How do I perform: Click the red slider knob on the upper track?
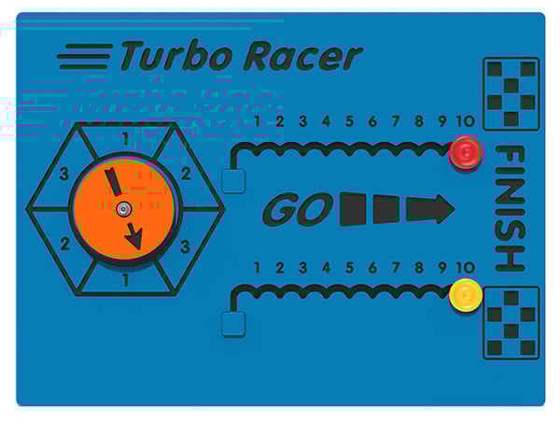pos(466,152)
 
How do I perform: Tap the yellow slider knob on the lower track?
pos(466,295)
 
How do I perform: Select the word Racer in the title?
pos(302,56)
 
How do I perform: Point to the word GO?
pos(298,209)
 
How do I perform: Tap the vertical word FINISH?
pos(510,208)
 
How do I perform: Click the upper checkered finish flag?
pos(511,94)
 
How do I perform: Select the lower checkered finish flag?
pos(511,323)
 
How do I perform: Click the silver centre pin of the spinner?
pos(124,209)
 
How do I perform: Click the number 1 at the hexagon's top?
pos(125,139)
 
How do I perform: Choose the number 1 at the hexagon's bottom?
pos(125,280)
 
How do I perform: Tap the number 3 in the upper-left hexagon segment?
pos(64,174)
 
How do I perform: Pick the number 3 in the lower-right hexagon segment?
pos(185,247)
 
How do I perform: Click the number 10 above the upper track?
pos(466,121)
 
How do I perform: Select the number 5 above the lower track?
pos(349,267)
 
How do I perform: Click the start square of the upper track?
pos(233,181)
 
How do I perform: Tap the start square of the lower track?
pos(233,324)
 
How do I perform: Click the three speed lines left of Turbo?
pos(85,56)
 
